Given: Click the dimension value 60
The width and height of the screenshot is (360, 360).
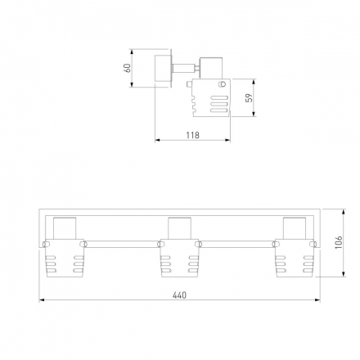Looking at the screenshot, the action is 128,68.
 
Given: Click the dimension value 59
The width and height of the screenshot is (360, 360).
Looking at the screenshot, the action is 250,98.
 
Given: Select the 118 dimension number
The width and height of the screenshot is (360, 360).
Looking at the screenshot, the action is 193,135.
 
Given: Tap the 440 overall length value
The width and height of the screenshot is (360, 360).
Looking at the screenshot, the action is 179,295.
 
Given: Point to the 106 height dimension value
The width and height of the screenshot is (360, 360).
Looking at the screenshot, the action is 339,242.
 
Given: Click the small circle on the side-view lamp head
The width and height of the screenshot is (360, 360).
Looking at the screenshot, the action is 223,84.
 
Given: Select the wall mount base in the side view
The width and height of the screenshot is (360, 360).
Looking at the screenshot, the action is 163,68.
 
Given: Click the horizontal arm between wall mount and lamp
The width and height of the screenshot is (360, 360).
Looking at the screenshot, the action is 183,68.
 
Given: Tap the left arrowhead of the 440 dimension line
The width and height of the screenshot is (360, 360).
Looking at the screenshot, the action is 42,300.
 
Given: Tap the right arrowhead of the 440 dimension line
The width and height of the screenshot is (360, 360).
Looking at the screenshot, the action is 317,300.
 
